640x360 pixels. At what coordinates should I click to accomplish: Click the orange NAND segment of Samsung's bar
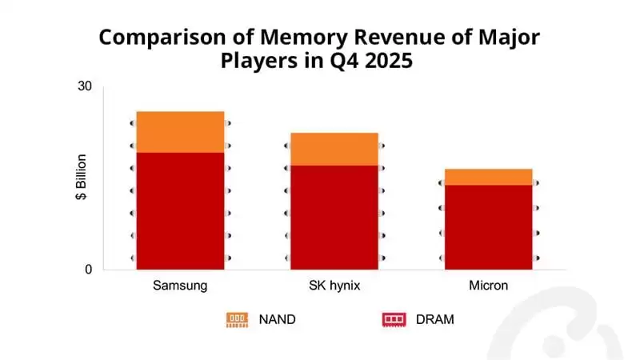tap(180, 132)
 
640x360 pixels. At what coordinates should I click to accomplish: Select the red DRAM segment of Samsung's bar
tap(180, 210)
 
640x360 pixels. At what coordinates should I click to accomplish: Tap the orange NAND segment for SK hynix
tap(334, 149)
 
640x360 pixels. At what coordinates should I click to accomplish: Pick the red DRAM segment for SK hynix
tap(334, 217)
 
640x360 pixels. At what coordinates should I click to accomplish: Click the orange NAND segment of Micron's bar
tap(488, 177)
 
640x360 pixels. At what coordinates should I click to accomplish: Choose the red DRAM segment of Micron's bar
tap(488, 227)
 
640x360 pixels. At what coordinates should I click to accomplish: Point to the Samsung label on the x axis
tap(180, 286)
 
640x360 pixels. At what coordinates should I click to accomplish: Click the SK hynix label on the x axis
tap(334, 286)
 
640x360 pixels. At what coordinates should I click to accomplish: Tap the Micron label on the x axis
tap(488, 286)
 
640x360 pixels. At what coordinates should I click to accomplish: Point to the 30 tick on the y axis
tap(86, 86)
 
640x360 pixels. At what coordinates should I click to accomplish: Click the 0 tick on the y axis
tap(88, 270)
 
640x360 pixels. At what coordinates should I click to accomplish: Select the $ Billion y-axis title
tap(81, 178)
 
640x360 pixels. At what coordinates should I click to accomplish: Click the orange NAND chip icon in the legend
tap(237, 320)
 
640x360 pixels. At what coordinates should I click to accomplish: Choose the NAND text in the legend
tap(277, 320)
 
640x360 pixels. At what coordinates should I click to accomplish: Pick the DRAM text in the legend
tap(434, 320)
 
